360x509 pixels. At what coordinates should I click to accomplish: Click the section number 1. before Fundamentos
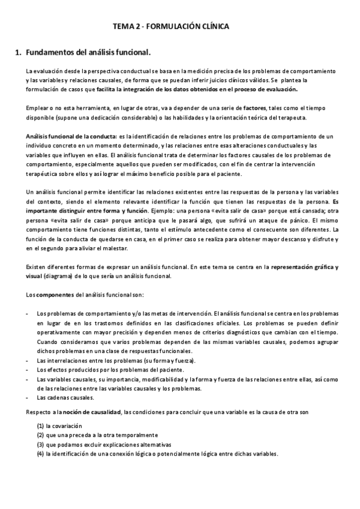[x=18, y=53]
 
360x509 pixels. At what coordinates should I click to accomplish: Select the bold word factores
[x=247, y=108]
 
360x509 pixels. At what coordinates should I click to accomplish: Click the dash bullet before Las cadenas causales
[x=28, y=397]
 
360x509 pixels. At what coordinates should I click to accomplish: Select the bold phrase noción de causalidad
[x=92, y=412]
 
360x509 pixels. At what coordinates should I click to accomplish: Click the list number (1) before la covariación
[x=40, y=426]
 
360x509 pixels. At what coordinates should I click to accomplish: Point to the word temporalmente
[x=136, y=435]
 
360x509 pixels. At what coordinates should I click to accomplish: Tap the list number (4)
[x=40, y=454]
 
